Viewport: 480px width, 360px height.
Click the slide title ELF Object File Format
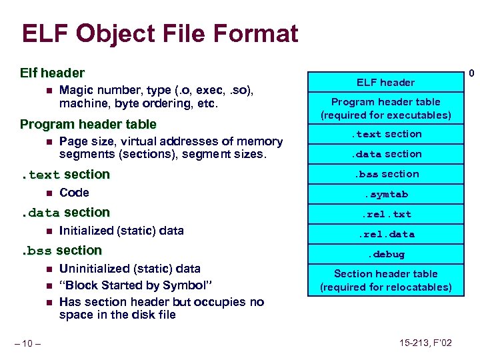click(x=159, y=33)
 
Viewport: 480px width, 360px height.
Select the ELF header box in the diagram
click(x=385, y=83)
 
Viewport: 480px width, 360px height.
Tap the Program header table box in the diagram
click(x=385, y=109)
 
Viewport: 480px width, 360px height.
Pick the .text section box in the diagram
click(x=385, y=134)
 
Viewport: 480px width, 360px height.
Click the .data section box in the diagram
click(x=385, y=154)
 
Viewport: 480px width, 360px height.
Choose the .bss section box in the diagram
click(x=385, y=174)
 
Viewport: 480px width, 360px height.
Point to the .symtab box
click(x=385, y=194)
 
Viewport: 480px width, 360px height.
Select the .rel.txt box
click(x=385, y=214)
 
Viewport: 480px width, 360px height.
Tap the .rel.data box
click(x=385, y=234)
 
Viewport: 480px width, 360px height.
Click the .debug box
click(x=385, y=254)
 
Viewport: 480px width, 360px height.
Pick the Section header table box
click(x=385, y=281)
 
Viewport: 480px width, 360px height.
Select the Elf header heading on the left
click(x=53, y=73)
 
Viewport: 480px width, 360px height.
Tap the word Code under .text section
click(x=74, y=193)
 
